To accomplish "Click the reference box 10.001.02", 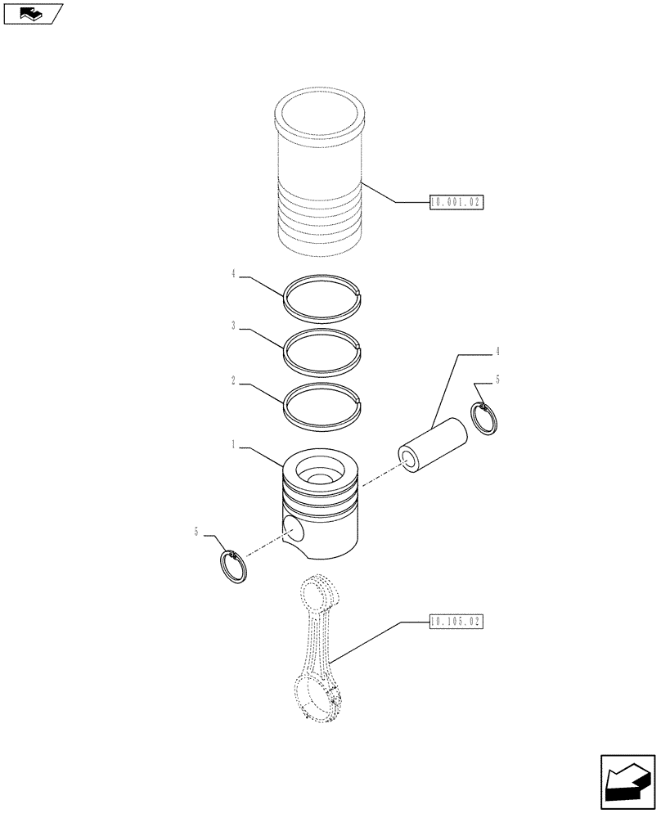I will (456, 201).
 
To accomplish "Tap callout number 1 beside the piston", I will (234, 446).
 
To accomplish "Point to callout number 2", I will (234, 381).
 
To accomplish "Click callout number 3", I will (234, 326).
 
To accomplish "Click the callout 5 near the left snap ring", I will (196, 532).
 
